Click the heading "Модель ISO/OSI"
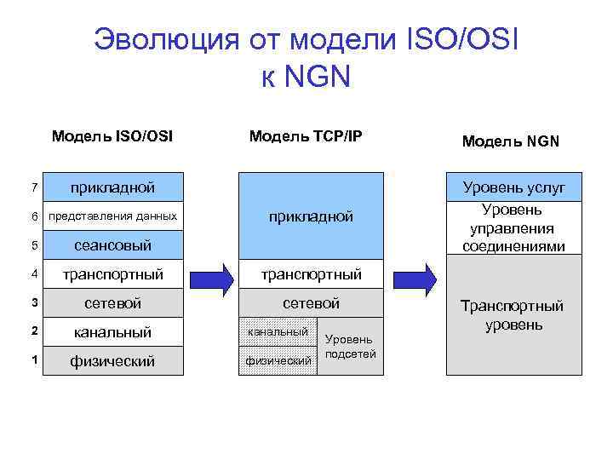coord(112,135)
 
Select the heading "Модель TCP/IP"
coord(305,135)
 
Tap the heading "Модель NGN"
coord(510,141)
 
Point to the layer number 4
coord(34,274)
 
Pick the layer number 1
coord(34,361)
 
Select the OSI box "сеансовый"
coord(112,245)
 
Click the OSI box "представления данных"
coord(112,216)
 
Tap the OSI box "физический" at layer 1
coord(112,361)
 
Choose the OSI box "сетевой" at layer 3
coord(112,303)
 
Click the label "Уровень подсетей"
coord(350,347)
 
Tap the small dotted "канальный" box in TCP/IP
coord(277,331)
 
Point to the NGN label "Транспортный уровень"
coord(513,315)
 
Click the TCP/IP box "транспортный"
coord(311,274)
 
